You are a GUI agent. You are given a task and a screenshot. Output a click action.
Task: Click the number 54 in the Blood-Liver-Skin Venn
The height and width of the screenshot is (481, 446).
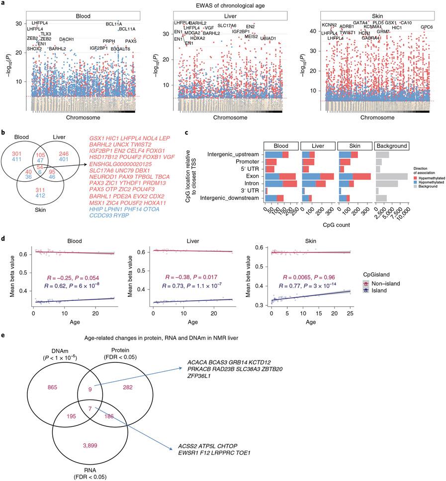(x=40, y=181)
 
